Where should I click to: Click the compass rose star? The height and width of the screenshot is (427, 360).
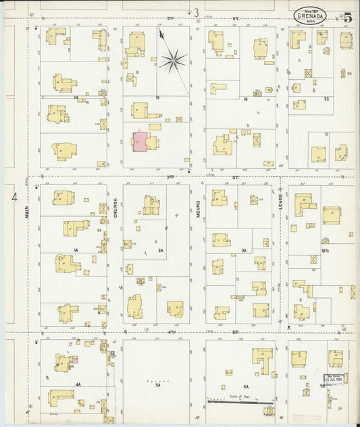173,61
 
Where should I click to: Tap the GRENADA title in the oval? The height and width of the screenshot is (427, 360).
311,16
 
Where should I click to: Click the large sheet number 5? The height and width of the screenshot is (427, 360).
347,18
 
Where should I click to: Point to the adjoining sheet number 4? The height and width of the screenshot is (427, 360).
14,197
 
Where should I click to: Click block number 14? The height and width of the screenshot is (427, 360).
76,98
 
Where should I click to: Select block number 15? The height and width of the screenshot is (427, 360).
157,98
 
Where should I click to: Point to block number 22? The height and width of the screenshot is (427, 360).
326,99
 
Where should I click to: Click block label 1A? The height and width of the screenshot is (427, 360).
76,250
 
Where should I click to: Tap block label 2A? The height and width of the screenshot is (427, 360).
160,250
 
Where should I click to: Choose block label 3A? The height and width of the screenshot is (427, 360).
243,250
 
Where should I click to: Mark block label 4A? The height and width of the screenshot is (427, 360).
78,384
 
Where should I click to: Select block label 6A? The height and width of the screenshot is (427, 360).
238,386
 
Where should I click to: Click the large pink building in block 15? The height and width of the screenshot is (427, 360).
140,142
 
